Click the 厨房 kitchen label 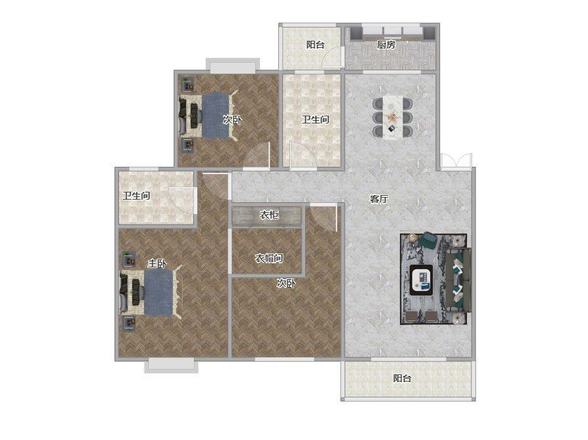(386, 45)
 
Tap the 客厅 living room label (379, 199)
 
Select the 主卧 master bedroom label (157, 263)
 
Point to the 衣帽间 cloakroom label (269, 258)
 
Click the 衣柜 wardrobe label (269, 215)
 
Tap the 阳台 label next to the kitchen (315, 45)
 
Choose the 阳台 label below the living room (402, 378)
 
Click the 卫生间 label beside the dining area (315, 120)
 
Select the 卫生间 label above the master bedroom (136, 196)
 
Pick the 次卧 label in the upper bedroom (232, 120)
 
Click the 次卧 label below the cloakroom (286, 284)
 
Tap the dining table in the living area (393, 118)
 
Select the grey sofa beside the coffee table (458, 279)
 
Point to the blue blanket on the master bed (159, 293)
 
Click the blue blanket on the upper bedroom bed (216, 116)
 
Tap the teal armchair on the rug (428, 240)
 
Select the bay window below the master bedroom (172, 366)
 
